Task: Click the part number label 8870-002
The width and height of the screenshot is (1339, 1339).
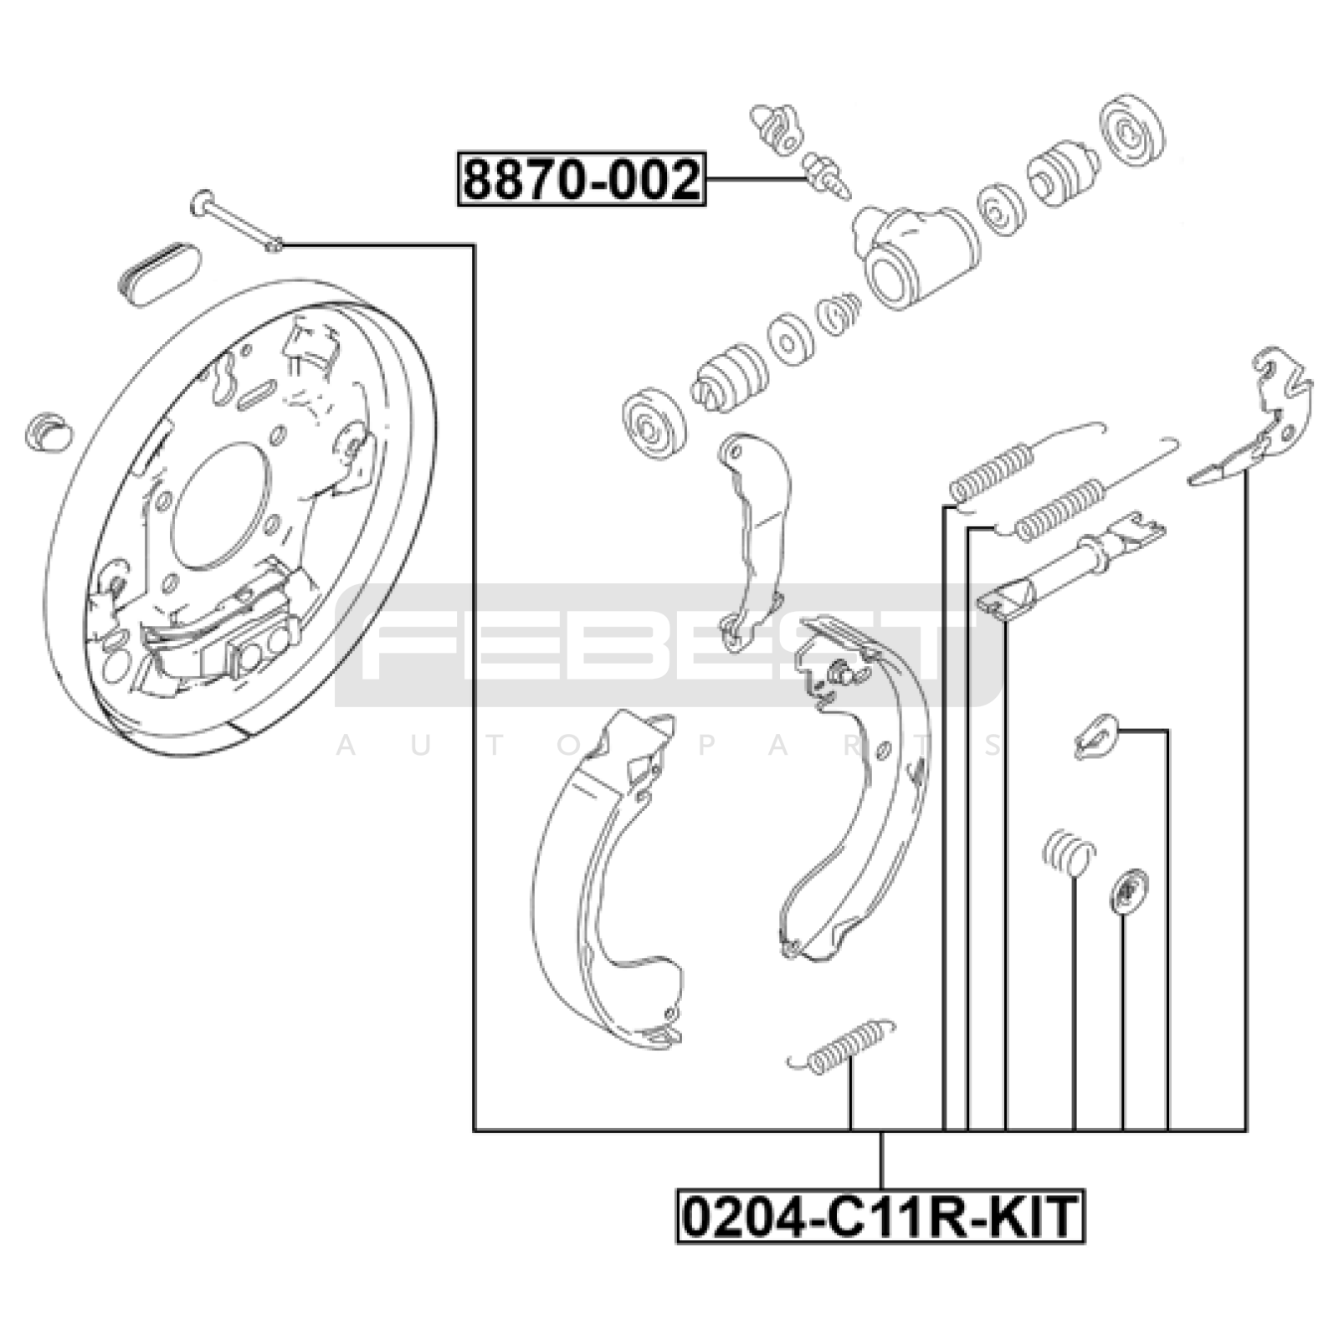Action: point(581,179)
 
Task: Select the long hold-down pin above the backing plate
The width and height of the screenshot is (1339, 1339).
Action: point(239,221)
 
